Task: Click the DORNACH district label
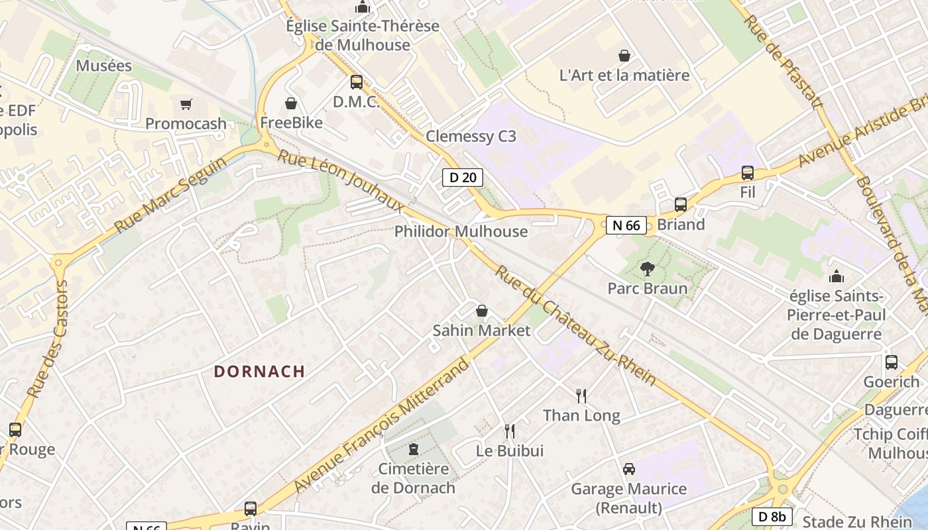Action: click(x=259, y=372)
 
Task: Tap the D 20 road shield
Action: click(x=463, y=178)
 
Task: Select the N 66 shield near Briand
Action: click(x=626, y=225)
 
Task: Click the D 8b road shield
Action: click(x=772, y=517)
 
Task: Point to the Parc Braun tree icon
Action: click(x=647, y=269)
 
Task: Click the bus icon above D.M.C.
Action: click(x=357, y=82)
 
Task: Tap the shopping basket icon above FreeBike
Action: click(x=290, y=103)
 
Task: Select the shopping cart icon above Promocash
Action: click(x=186, y=104)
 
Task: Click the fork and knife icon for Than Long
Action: click(x=581, y=396)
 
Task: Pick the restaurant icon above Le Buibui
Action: click(x=509, y=431)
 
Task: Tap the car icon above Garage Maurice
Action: click(x=628, y=469)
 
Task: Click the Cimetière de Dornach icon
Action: click(x=414, y=449)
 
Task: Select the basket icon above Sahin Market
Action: click(x=482, y=311)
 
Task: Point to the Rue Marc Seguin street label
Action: click(x=165, y=190)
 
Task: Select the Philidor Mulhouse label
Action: click(x=461, y=232)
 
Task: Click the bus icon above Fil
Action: click(x=748, y=173)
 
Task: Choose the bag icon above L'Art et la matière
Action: click(x=624, y=56)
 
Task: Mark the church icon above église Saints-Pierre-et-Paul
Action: click(x=837, y=276)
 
